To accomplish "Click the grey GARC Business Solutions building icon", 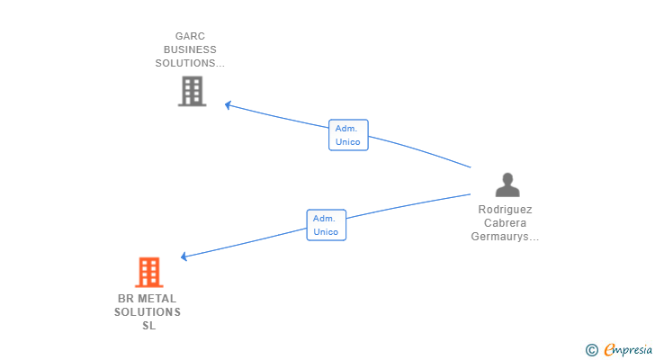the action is pyautogui.click(x=193, y=91).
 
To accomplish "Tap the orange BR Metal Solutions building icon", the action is pyautogui.click(x=149, y=273).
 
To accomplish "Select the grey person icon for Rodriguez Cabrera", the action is pyautogui.click(x=507, y=184).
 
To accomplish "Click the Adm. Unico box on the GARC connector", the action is pyautogui.click(x=348, y=135).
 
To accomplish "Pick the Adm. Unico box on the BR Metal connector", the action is pyautogui.click(x=327, y=225).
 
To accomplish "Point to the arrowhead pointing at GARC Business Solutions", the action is pyautogui.click(x=228, y=105).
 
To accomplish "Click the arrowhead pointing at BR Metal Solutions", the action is pyautogui.click(x=184, y=256).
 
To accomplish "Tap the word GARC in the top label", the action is pyautogui.click(x=190, y=36).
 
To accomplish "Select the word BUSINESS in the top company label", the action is pyautogui.click(x=190, y=49).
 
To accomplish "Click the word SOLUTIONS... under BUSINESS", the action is pyautogui.click(x=190, y=63).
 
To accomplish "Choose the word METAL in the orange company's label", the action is pyautogui.click(x=157, y=299).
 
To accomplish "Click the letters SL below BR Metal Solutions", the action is pyautogui.click(x=149, y=326).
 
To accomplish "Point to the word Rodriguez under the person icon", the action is pyautogui.click(x=505, y=209).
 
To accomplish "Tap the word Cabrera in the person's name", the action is pyautogui.click(x=505, y=223).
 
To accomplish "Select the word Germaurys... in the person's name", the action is pyautogui.click(x=505, y=237).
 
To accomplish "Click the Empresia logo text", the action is pyautogui.click(x=628, y=349).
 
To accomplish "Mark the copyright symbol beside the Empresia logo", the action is pyautogui.click(x=591, y=350).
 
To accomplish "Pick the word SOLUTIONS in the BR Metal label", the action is pyautogui.click(x=148, y=312).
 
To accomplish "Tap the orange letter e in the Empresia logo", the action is pyautogui.click(x=610, y=349).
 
